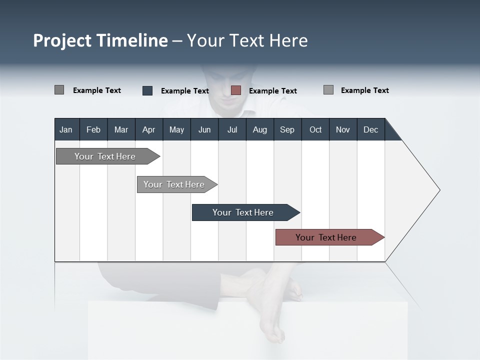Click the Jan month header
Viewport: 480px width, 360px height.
click(66, 129)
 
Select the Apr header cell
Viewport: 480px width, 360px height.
click(149, 129)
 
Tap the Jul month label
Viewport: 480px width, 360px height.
click(232, 129)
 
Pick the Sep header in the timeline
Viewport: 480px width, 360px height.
click(287, 129)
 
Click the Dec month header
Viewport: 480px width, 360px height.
click(370, 129)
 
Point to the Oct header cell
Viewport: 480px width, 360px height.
click(315, 129)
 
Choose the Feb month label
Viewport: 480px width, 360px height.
click(93, 129)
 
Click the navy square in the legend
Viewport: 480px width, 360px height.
click(147, 90)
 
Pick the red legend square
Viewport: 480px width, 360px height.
click(236, 90)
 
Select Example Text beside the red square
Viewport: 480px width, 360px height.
click(272, 91)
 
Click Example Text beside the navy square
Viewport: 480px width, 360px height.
click(184, 91)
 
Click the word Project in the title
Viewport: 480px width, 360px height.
click(62, 40)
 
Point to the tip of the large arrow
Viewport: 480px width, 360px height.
click(438, 190)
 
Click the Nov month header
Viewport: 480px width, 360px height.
click(343, 129)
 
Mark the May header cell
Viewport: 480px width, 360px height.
click(176, 129)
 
